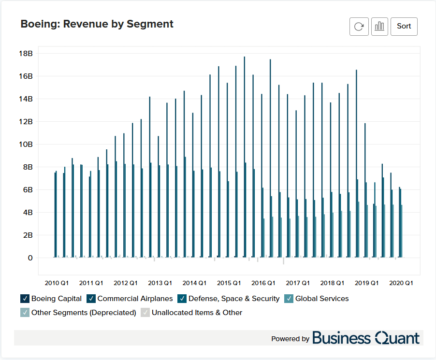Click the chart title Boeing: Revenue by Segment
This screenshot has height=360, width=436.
coord(97,24)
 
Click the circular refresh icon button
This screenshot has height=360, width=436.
coord(359,27)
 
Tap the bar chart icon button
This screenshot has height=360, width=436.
coord(379,27)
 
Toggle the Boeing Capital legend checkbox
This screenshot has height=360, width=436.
coord(25,299)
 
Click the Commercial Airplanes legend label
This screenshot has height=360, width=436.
coord(135,299)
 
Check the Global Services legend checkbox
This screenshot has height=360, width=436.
coord(289,299)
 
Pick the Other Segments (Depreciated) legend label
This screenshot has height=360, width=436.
coord(84,313)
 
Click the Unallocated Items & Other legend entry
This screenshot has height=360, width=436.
coord(197,313)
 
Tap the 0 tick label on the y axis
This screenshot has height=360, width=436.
coord(30,258)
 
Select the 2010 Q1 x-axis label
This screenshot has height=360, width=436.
coord(57,283)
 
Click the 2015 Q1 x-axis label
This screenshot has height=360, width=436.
coord(229,283)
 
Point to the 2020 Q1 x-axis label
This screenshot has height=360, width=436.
coord(401,283)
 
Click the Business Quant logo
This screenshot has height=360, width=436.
coord(366,338)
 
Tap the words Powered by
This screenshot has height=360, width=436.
coord(290,339)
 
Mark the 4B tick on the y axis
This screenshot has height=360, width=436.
coord(27,213)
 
